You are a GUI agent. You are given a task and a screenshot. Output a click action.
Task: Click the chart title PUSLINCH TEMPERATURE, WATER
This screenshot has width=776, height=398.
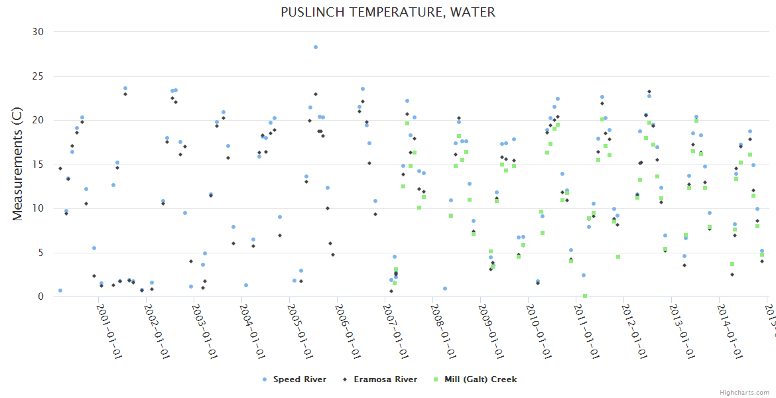click(388, 12)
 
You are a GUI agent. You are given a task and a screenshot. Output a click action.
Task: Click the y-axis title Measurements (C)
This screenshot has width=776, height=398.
click(18, 165)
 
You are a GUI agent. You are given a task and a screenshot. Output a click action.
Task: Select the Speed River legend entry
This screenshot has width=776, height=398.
click(295, 379)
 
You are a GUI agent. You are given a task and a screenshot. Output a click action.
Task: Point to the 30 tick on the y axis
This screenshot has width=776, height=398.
click(38, 32)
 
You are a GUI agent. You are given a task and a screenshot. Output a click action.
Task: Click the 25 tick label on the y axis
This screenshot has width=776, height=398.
click(38, 76)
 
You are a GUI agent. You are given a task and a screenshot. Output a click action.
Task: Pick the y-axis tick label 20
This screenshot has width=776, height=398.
click(38, 120)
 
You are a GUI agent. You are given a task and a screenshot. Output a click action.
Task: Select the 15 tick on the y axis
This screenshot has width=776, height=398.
click(38, 165)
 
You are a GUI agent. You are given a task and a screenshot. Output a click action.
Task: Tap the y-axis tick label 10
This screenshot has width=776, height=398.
click(38, 208)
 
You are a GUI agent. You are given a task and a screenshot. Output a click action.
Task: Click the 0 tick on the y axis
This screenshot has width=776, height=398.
click(40, 297)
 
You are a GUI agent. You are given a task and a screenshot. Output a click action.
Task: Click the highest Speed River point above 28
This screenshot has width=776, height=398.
click(316, 47)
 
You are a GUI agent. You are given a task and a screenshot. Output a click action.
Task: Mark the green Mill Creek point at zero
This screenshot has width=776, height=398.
click(585, 296)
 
